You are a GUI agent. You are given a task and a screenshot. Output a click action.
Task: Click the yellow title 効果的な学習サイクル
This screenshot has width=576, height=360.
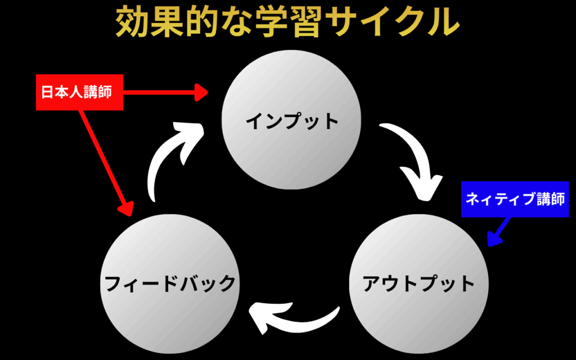coord(287,23)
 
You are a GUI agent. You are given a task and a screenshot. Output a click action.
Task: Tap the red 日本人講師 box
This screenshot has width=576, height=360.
coord(80,92)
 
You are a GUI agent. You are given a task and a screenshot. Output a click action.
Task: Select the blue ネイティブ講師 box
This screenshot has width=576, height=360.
coord(515,200)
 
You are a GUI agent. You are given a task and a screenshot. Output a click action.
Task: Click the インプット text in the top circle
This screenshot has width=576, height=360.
coord(292,120)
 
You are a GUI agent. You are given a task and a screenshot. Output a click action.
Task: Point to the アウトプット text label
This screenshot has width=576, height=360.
coord(419,283)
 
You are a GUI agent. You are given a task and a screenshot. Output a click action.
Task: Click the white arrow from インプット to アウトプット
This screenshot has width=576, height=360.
coord(413,160)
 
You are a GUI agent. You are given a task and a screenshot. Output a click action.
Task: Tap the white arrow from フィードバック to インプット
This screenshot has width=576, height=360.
coord(172,160)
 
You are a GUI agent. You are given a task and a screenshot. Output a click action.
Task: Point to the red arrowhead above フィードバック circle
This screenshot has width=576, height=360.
coord(127,208)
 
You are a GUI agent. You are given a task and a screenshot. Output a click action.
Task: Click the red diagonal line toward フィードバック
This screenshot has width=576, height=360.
coord(104,157)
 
